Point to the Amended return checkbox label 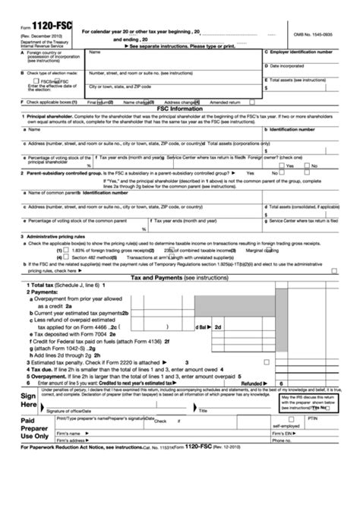(225, 101)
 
